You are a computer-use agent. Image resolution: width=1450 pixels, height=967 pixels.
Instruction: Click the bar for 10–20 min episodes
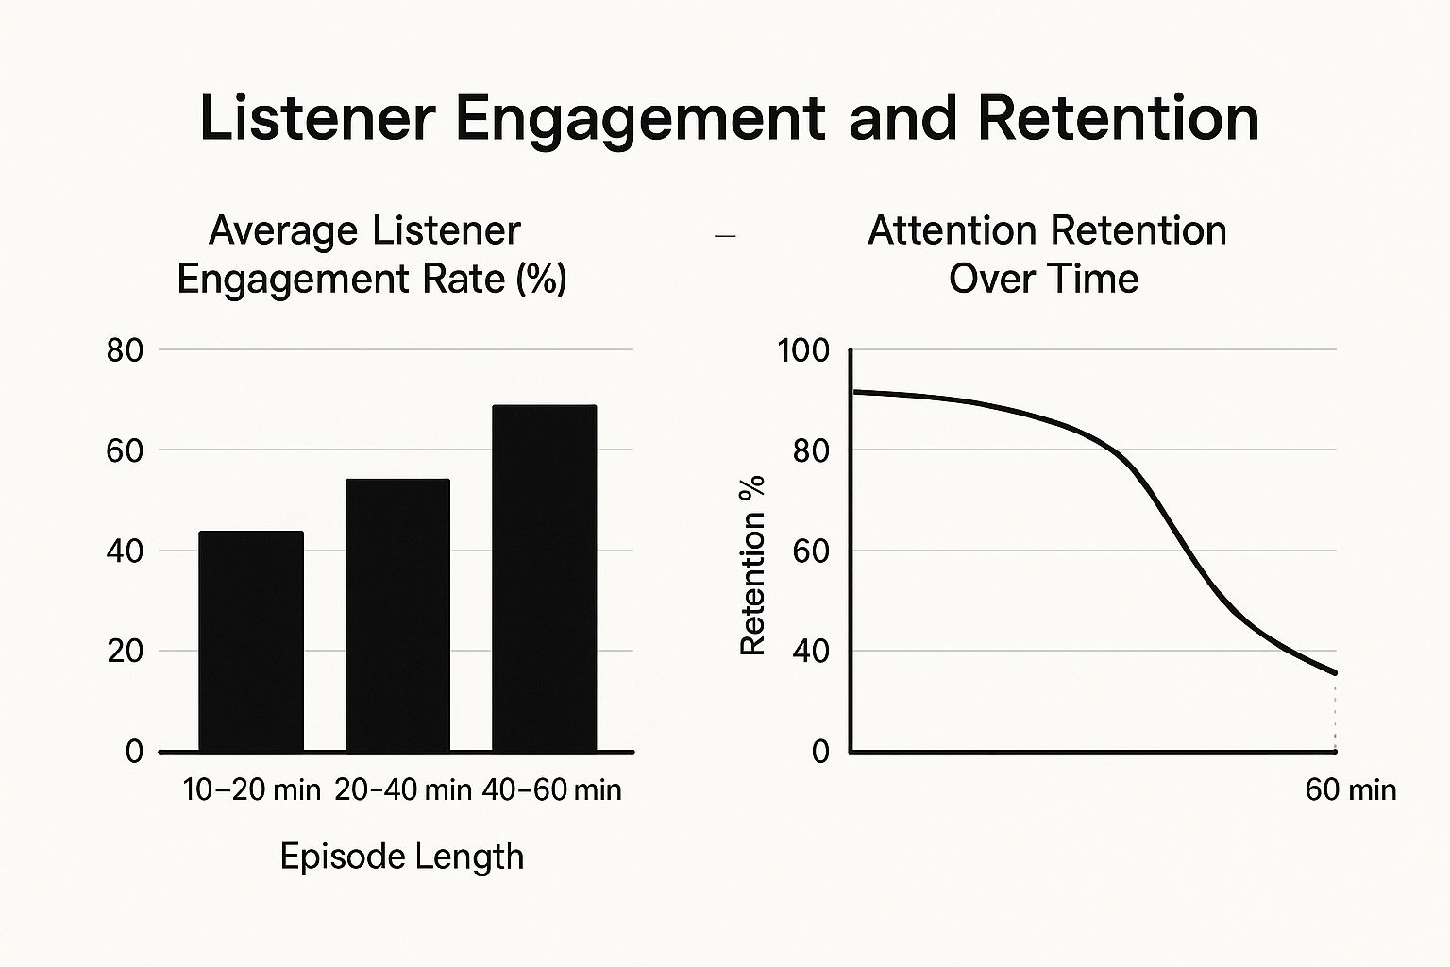[251, 641]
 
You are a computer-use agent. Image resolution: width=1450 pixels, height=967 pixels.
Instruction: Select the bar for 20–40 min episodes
[397, 615]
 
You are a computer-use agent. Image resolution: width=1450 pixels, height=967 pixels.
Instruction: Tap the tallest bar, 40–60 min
[545, 578]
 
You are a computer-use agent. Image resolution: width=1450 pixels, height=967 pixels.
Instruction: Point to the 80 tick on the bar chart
[125, 351]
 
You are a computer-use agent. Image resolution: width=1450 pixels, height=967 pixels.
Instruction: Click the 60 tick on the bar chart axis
[125, 450]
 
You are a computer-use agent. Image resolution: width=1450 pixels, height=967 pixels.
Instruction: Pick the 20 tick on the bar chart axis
[125, 652]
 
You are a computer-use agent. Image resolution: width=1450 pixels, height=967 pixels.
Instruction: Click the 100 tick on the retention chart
[802, 351]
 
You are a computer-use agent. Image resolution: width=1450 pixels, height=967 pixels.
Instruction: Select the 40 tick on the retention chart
[810, 652]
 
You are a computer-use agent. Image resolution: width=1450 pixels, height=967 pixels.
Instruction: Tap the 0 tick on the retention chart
[819, 752]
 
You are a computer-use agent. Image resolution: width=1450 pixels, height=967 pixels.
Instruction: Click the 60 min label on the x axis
[1350, 789]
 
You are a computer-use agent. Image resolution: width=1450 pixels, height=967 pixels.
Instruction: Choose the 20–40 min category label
[403, 789]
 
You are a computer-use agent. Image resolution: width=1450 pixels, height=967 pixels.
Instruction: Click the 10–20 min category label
[251, 789]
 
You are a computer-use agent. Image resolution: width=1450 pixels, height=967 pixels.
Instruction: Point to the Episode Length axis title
[402, 857]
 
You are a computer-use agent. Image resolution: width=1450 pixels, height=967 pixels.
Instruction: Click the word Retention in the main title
[1118, 120]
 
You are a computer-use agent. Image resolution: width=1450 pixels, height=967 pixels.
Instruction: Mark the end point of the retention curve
[1335, 673]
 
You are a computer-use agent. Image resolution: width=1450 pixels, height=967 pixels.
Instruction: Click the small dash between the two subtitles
[725, 236]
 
